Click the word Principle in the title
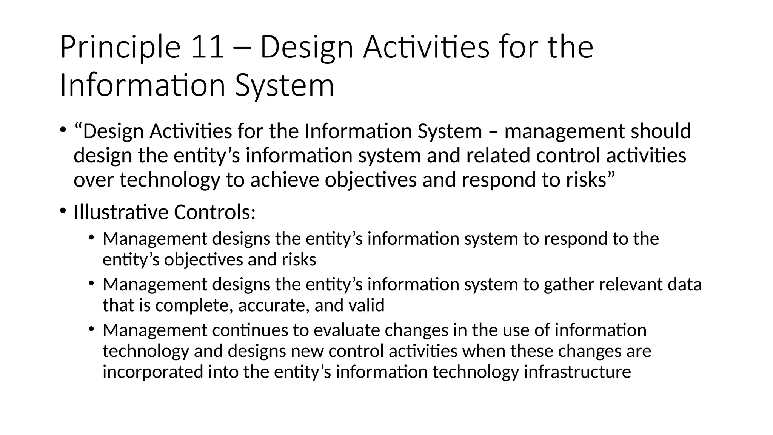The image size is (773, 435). tap(120, 48)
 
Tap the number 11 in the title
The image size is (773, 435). tap(208, 48)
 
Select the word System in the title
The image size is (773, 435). tap(285, 86)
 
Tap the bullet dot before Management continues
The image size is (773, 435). tap(91, 329)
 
